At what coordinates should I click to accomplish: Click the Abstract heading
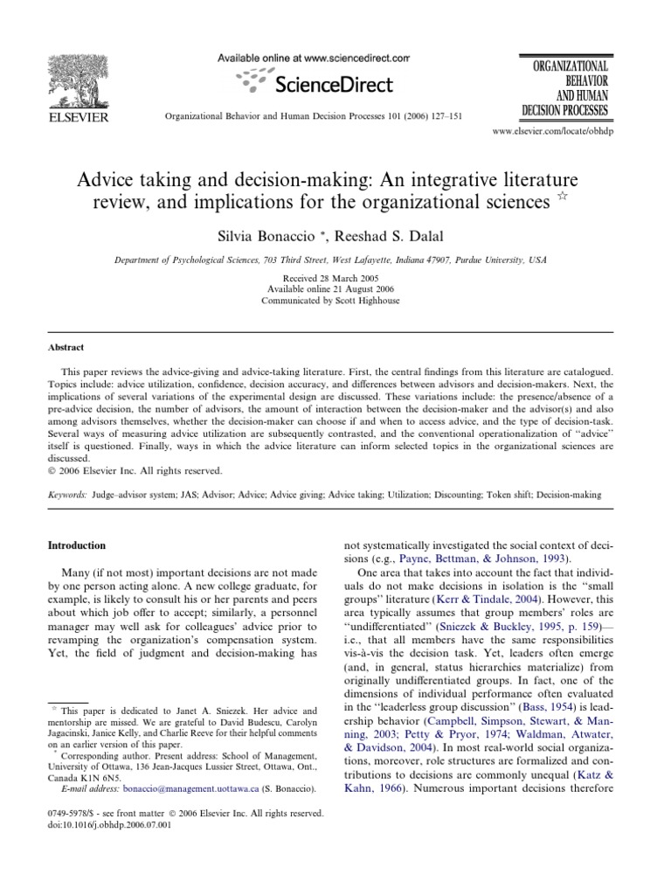(x=66, y=347)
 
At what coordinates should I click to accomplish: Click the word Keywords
(x=66, y=494)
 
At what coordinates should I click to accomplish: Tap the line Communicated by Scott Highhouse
(x=335, y=300)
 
